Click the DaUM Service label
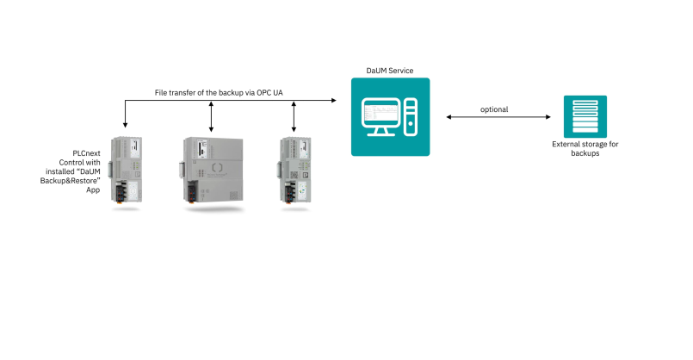tap(391, 69)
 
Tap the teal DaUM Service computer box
tap(390, 116)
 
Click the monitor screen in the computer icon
tap(379, 115)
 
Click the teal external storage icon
tap(585, 117)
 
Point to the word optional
tap(494, 109)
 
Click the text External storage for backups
tap(585, 149)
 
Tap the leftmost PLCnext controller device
tap(127, 170)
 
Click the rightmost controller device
tap(294, 170)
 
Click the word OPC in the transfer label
tap(257, 92)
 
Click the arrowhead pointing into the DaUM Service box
tap(337, 101)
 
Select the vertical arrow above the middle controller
tap(211, 116)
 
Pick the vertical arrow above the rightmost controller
tap(294, 116)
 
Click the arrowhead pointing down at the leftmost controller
tap(127, 130)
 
